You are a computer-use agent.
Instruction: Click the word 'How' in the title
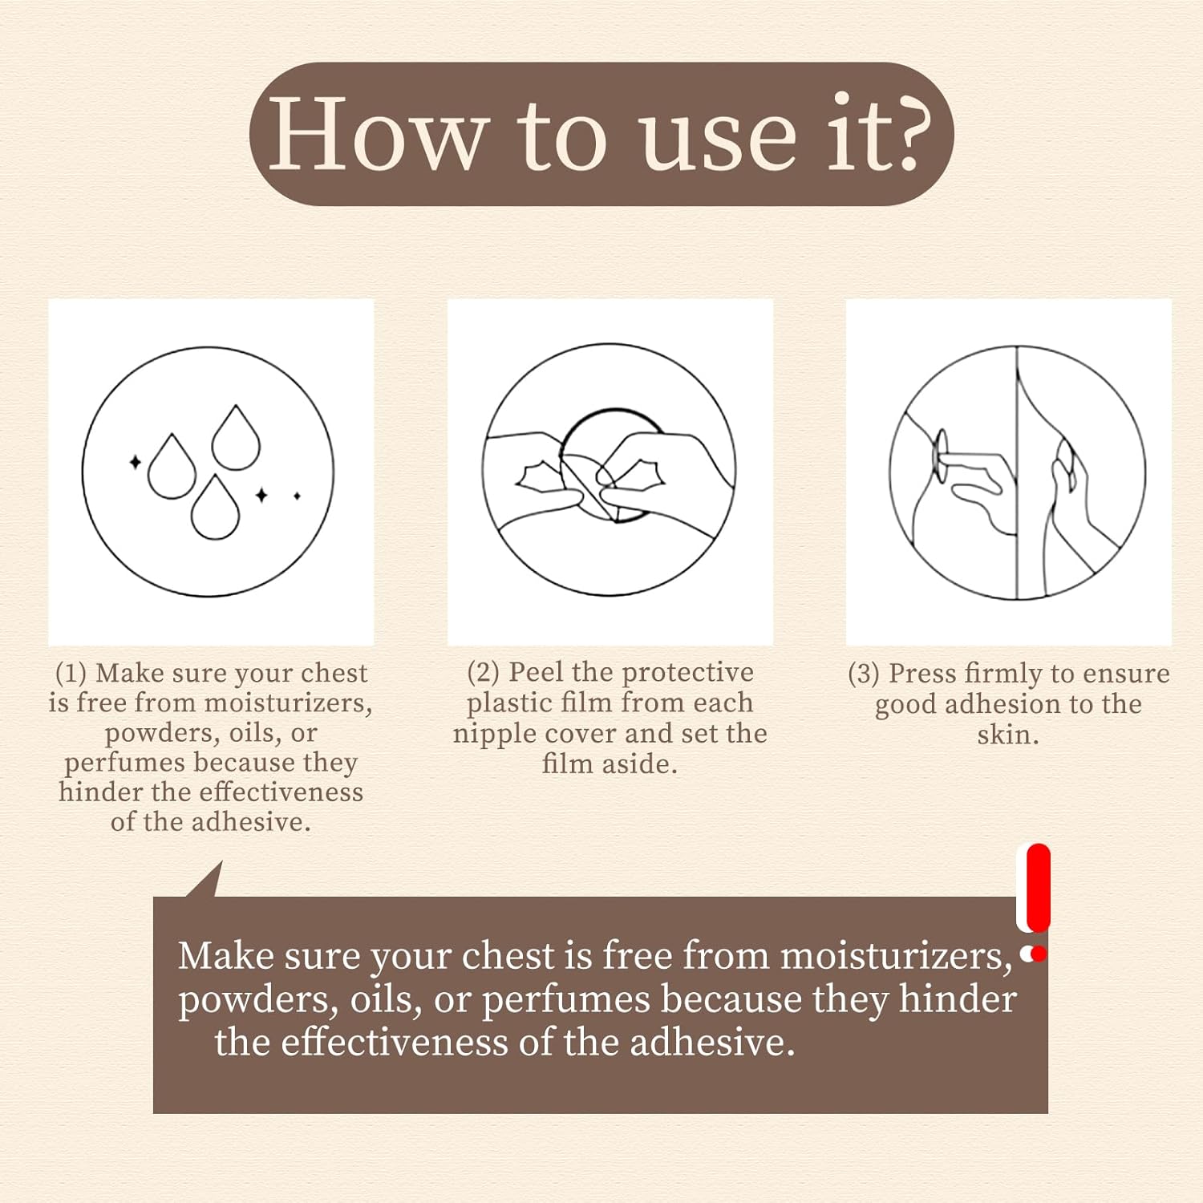click(377, 134)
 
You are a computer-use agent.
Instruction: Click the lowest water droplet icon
click(215, 509)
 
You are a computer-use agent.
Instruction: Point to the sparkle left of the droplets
click(135, 462)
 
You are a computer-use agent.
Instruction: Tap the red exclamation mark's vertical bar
click(1038, 886)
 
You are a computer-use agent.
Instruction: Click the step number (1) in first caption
click(71, 673)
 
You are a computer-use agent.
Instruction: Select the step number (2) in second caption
click(483, 672)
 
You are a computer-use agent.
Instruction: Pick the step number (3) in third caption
click(864, 674)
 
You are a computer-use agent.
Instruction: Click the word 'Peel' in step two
click(536, 672)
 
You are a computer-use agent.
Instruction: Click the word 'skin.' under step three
click(1008, 735)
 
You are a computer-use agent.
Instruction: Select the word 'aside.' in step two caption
click(639, 764)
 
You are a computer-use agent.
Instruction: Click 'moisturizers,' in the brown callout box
click(896, 956)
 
